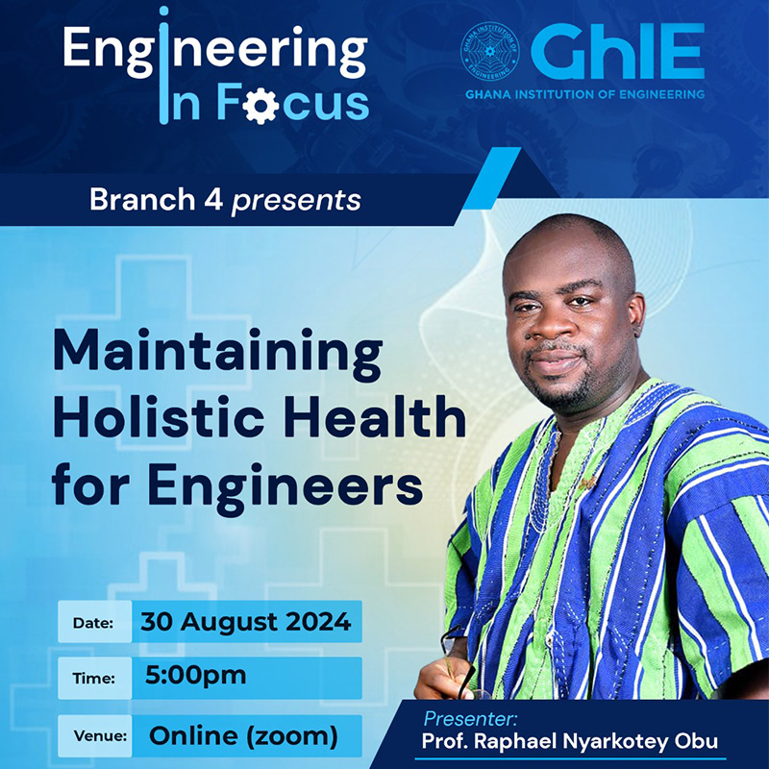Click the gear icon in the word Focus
click(x=260, y=105)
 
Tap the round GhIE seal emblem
click(x=490, y=52)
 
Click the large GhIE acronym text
click(x=617, y=52)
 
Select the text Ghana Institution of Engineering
click(x=584, y=94)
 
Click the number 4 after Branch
click(x=213, y=200)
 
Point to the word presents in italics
click(x=296, y=201)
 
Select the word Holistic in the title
click(x=159, y=418)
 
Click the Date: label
click(x=92, y=623)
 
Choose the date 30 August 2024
click(x=246, y=621)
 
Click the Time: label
click(x=93, y=679)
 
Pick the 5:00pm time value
click(x=196, y=676)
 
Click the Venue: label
click(x=100, y=735)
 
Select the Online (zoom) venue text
click(x=243, y=735)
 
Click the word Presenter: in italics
click(x=470, y=719)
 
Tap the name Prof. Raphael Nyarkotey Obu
click(x=569, y=741)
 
